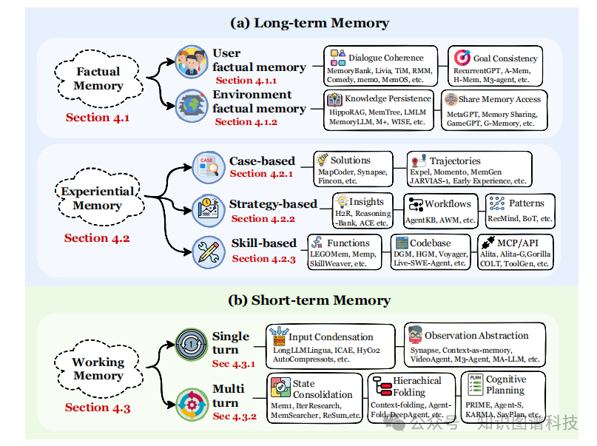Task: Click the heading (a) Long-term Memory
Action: (309, 23)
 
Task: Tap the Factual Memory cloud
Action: (98, 78)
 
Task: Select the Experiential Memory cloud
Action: (99, 197)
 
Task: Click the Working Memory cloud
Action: (98, 368)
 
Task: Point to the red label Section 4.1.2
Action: (246, 122)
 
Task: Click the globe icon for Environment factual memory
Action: (192, 106)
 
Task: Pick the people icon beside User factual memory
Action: (192, 61)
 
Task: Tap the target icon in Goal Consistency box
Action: (462, 58)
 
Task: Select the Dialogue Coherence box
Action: (380, 66)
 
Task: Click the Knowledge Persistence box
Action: (379, 110)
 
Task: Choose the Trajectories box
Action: (469, 169)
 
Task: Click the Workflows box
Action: (440, 211)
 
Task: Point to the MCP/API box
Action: (515, 252)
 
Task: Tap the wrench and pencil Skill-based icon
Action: (209, 252)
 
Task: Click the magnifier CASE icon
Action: (209, 167)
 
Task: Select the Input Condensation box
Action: (331, 347)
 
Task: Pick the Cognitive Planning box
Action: (503, 396)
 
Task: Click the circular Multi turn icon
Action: (192, 405)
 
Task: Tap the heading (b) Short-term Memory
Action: (309, 300)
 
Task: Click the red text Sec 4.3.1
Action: (234, 364)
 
